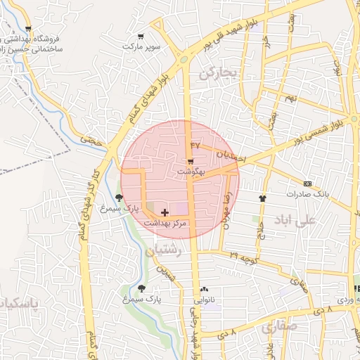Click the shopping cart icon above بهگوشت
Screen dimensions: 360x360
point(191,161)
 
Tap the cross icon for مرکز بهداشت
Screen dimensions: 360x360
point(165,212)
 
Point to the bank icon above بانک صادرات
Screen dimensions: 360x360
point(307,183)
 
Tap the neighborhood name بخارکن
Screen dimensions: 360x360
point(216,72)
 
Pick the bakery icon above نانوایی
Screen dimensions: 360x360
point(204,290)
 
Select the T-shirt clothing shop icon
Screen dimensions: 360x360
point(263,198)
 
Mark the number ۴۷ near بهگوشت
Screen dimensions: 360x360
point(195,145)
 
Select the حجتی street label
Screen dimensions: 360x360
point(91,140)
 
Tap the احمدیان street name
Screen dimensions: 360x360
point(231,155)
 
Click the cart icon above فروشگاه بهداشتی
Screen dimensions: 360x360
point(28,29)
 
